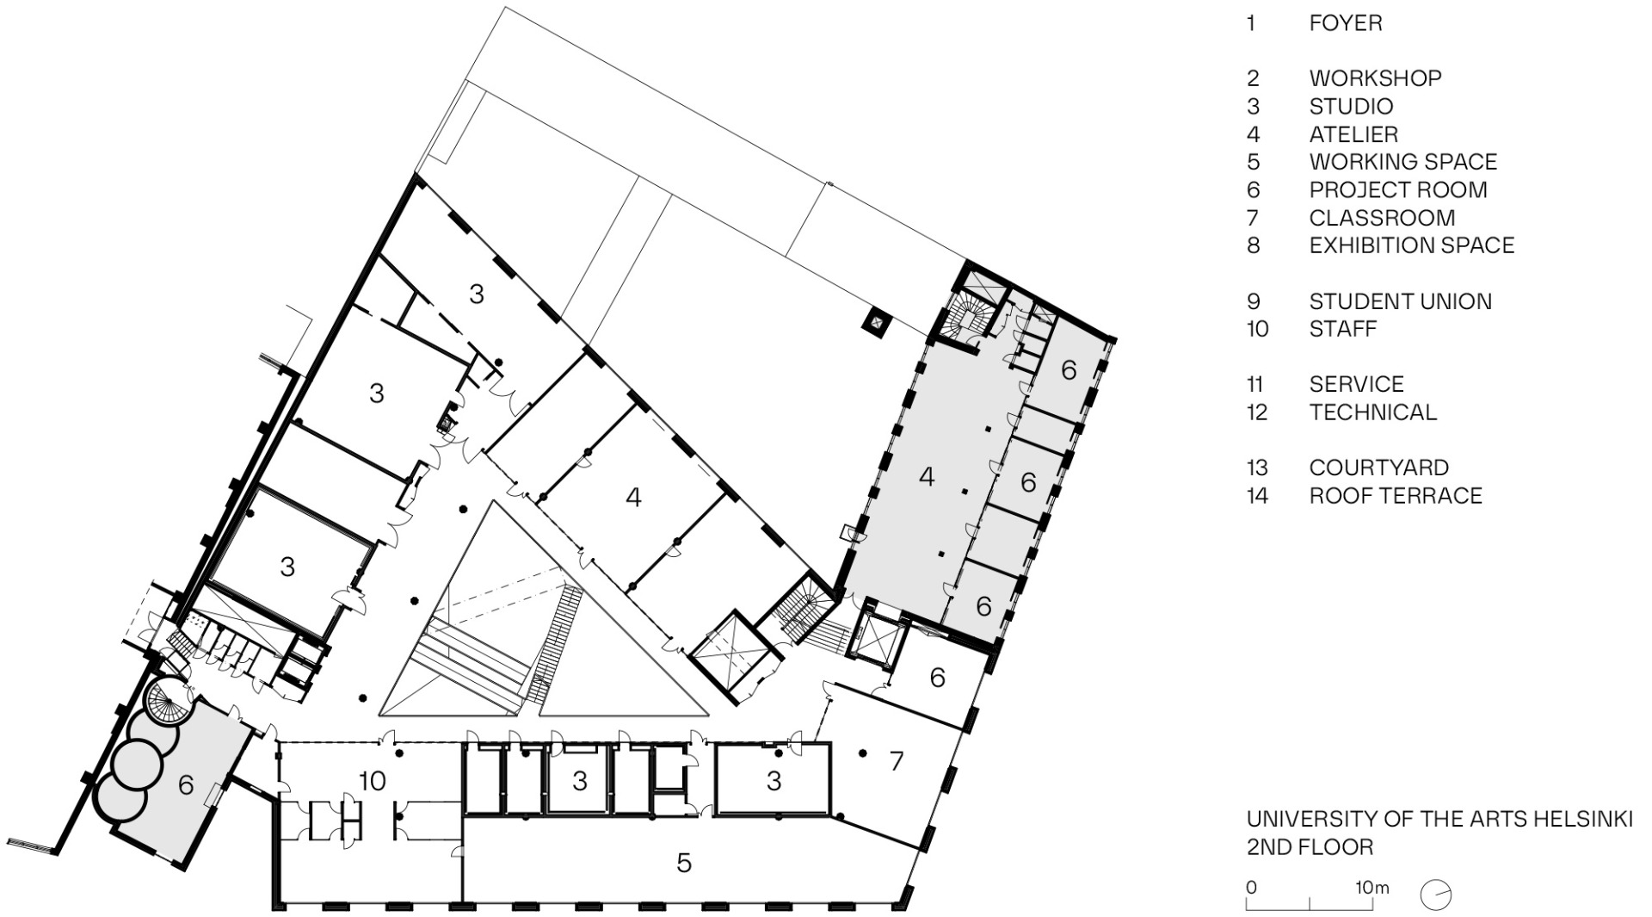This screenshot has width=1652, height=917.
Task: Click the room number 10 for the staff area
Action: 372,781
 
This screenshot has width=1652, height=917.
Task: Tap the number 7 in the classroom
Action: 897,760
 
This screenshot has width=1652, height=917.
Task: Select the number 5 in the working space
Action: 684,863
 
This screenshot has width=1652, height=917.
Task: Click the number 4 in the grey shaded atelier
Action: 927,476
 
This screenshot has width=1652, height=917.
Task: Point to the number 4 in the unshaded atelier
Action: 633,497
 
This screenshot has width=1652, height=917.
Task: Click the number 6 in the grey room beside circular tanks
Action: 186,784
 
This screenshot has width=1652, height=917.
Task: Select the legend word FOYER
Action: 1345,23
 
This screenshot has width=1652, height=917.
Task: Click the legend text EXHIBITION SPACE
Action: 1411,245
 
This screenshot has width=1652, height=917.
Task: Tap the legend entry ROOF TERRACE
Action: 1395,496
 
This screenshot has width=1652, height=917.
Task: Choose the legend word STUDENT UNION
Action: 1400,301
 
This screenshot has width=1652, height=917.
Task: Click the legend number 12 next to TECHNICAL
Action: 1256,412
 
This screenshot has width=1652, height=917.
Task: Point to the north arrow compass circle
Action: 1436,895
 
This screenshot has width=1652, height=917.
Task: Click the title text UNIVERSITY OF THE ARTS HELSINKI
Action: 1439,819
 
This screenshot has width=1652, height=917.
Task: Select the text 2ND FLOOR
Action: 1310,847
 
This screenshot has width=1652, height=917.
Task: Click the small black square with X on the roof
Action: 877,324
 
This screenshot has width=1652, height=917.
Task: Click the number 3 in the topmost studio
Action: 477,294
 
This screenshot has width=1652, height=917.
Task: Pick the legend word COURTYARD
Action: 1378,468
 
